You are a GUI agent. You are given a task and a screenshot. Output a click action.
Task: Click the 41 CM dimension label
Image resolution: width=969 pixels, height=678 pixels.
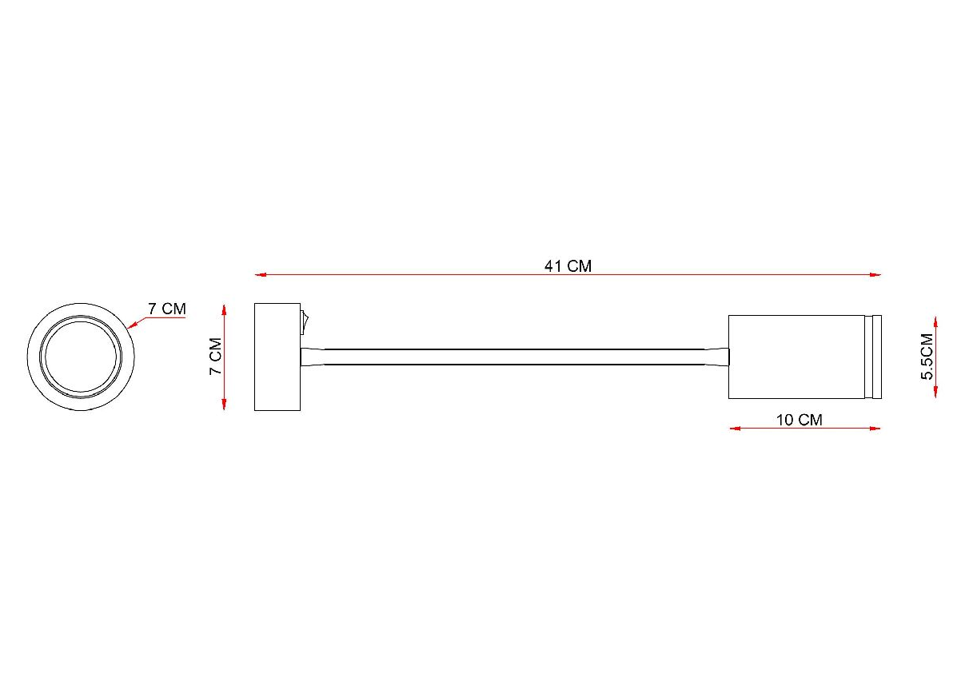point(568,266)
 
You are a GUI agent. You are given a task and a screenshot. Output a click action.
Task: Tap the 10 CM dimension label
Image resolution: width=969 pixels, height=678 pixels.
point(799,420)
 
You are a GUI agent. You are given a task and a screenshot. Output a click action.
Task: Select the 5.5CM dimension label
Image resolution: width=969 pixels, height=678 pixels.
point(927,357)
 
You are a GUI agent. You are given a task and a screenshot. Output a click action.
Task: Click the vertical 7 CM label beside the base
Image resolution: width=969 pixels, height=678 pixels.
point(215,356)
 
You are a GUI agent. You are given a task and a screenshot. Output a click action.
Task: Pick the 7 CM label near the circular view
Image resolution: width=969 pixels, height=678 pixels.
point(167,309)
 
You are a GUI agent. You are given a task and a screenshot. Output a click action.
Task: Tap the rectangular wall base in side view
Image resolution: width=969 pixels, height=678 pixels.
point(277,357)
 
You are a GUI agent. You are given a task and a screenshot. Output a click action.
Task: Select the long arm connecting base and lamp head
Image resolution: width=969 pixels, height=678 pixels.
point(515,357)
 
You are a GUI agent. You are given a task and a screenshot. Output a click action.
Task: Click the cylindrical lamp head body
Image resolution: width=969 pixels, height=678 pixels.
point(796,357)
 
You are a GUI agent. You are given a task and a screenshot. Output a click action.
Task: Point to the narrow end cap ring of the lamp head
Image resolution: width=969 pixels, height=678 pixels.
point(873,357)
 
